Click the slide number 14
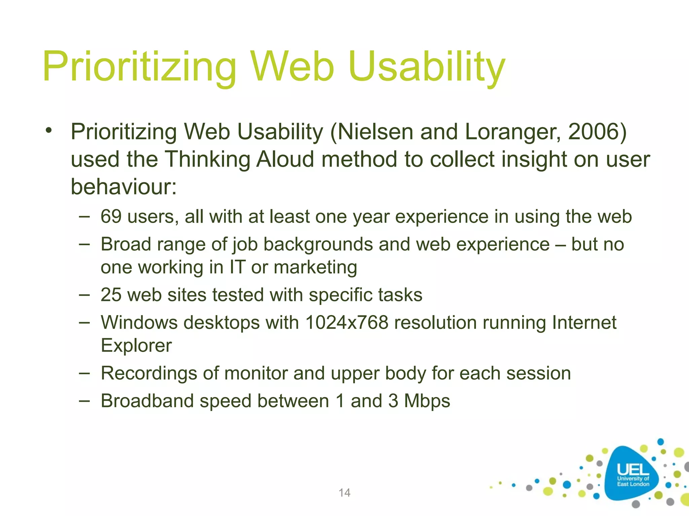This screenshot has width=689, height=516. pyautogui.click(x=344, y=492)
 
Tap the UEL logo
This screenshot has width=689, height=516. pyautogui.click(x=632, y=474)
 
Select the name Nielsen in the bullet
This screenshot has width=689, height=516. pyautogui.click(x=375, y=132)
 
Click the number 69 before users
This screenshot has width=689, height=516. pyautogui.click(x=111, y=216)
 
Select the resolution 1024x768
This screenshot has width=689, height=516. pyautogui.click(x=347, y=322)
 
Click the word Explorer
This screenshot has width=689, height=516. pyautogui.click(x=136, y=345)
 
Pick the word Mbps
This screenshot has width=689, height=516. pyautogui.click(x=427, y=401)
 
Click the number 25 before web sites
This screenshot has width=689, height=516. pyautogui.click(x=111, y=295)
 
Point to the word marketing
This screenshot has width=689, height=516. pyautogui.click(x=315, y=268)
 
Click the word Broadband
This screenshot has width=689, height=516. pyautogui.click(x=147, y=401)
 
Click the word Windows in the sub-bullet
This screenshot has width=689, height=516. pyautogui.click(x=139, y=322)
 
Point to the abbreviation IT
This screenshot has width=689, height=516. pyautogui.click(x=237, y=267)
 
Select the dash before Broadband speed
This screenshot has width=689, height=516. pyautogui.click(x=84, y=401)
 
